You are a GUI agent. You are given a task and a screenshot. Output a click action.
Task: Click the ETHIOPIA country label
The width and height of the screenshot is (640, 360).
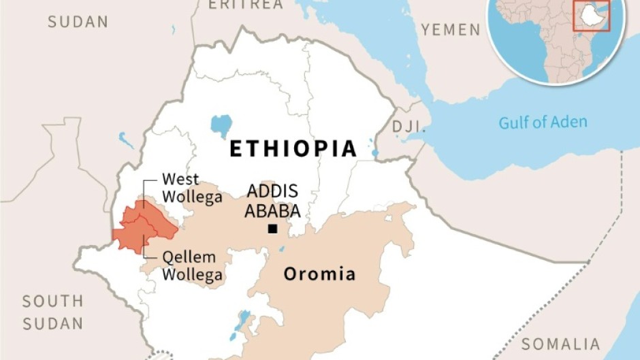click(293, 148)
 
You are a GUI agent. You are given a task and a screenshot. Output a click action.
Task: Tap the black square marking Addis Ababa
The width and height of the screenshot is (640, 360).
click(272, 229)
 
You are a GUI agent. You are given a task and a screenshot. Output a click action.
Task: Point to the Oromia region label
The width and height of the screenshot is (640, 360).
click(319, 274)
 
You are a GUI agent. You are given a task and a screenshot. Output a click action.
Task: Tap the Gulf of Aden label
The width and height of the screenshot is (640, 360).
click(542, 122)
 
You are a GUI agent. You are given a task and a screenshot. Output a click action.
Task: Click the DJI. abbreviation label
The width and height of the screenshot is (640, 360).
click(408, 127)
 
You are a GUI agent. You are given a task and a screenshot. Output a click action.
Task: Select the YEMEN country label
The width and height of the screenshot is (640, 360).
click(450, 29)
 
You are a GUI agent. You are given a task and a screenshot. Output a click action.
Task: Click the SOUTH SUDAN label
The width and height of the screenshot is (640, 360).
click(52, 312)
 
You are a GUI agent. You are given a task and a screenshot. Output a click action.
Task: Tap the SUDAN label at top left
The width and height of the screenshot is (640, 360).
click(78, 22)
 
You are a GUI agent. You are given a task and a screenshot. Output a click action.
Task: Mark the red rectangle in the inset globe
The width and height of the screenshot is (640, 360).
click(590, 16)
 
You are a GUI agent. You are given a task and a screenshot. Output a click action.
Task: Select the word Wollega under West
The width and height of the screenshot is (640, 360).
click(191, 197)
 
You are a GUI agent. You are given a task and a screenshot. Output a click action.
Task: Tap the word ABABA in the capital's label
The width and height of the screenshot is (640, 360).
click(272, 210)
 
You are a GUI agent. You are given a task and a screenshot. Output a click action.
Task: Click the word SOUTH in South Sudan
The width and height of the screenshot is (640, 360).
click(52, 301)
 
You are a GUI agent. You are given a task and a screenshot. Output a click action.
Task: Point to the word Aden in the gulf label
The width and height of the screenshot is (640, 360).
click(569, 122)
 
